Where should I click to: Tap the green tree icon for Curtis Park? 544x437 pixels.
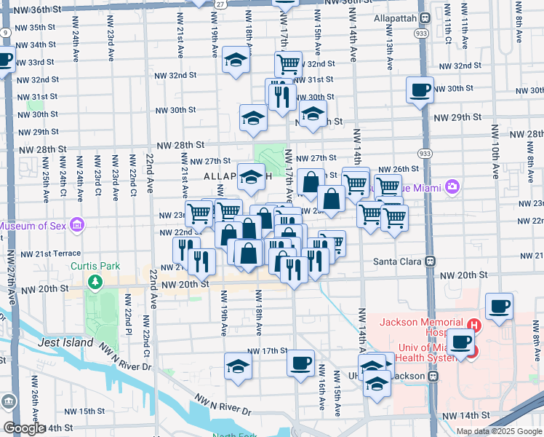click(94, 281)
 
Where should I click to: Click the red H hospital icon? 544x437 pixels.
click(475, 325)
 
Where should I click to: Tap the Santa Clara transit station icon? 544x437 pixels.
click(431, 260)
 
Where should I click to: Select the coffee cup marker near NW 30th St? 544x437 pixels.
click(420, 90)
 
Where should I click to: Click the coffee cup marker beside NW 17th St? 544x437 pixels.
click(300, 362)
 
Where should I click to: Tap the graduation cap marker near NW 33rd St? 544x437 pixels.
click(236, 61)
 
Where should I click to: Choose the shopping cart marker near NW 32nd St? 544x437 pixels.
click(289, 64)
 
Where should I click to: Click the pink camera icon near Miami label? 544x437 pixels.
click(452, 187)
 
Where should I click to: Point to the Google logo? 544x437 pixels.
click(24, 428)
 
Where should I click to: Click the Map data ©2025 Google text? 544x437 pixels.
click(498, 431)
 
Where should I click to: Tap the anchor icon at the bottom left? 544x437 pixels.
click(9, 401)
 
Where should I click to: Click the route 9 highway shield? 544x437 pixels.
click(5, 33)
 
